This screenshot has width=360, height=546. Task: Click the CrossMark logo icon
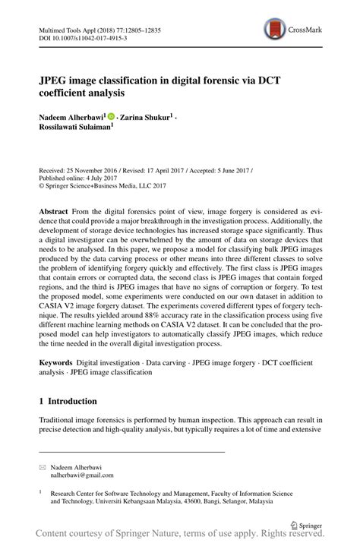pos(271,30)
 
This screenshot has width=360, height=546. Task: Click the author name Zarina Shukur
pos(147,118)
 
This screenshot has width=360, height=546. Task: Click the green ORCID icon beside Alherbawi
pos(112,117)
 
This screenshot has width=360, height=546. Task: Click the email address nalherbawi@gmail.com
pos(82,475)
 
